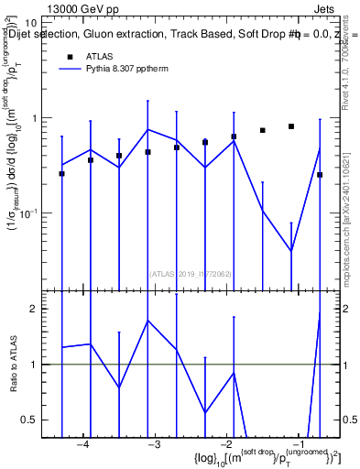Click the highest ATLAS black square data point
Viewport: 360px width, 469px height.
(291, 126)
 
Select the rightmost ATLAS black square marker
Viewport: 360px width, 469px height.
(320, 174)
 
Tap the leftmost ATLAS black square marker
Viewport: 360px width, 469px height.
(61, 173)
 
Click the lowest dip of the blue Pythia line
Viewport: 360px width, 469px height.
(291, 250)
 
